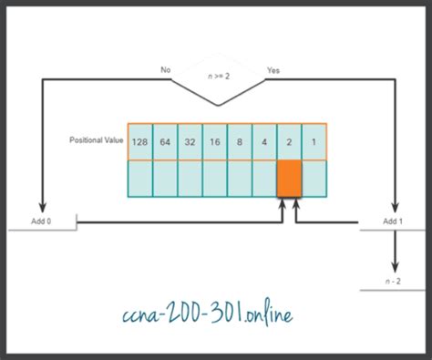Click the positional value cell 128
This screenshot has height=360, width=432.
140,141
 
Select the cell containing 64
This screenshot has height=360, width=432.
165,141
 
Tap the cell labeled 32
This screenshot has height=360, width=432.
190,141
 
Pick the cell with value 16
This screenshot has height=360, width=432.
214,141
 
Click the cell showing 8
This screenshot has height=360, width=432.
239,141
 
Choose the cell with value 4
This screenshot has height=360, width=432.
263,141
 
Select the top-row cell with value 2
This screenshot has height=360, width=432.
289,141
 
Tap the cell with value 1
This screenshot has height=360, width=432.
314,141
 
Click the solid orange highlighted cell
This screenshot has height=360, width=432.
289,178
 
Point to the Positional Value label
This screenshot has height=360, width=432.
96,140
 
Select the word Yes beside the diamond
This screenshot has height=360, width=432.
273,69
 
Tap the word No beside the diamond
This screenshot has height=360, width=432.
166,69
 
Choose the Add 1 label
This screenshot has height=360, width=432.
393,221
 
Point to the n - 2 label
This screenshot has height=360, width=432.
395,283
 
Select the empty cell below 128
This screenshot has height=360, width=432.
140,178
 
